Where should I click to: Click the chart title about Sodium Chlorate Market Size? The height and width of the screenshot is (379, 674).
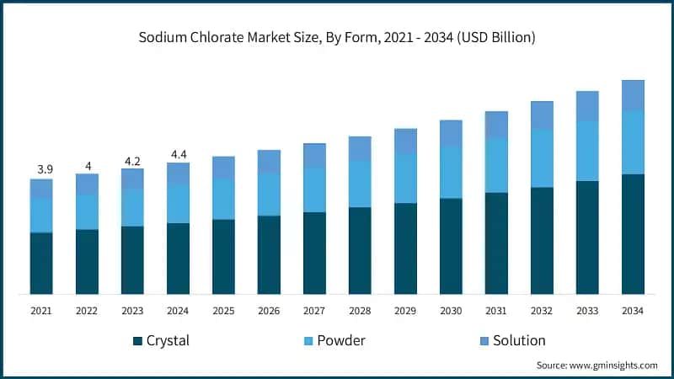click(x=337, y=37)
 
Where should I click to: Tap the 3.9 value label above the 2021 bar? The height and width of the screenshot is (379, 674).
click(x=41, y=170)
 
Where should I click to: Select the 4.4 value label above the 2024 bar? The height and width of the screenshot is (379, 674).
click(x=178, y=154)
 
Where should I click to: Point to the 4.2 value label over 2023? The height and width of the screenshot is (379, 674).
click(x=132, y=160)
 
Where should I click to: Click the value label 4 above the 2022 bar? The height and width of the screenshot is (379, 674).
click(x=87, y=165)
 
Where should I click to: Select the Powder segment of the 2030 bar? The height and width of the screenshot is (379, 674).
click(x=451, y=173)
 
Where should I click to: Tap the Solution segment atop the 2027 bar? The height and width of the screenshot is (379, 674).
click(x=314, y=155)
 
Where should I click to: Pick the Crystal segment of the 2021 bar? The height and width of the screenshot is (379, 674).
click(x=41, y=263)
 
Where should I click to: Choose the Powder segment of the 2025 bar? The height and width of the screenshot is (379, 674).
click(x=223, y=199)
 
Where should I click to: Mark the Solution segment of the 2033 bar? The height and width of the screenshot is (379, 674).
click(x=587, y=105)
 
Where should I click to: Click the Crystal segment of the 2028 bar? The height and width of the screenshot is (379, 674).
click(x=360, y=250)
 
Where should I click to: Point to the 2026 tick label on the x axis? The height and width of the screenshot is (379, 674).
click(x=269, y=311)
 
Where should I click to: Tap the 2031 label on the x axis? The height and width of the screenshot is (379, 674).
click(x=496, y=311)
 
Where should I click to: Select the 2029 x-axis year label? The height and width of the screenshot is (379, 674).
click(x=405, y=311)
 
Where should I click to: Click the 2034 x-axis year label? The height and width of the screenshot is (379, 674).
click(x=633, y=311)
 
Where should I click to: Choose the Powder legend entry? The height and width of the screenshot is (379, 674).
click(x=334, y=341)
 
